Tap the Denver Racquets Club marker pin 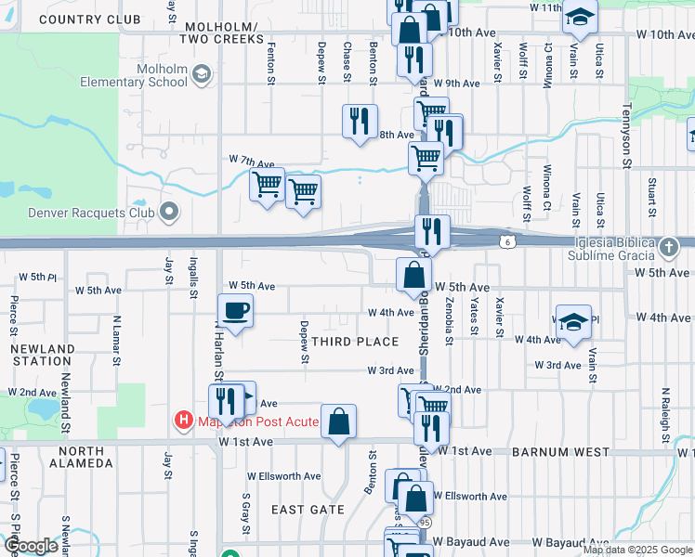168,213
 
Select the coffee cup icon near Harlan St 235,310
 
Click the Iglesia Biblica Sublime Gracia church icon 670,248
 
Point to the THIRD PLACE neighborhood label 355,342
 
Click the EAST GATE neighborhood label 308,510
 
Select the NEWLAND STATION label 43,356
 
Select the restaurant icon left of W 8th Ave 359,121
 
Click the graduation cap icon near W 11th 581,17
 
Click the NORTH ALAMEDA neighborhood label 82,456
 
